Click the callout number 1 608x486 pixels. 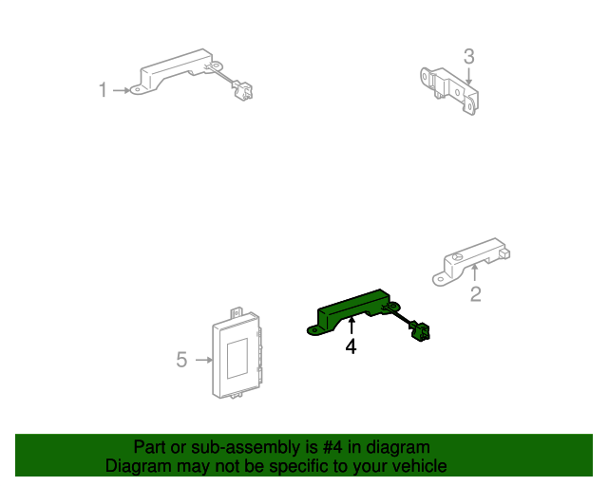tap(103, 90)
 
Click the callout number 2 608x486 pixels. tap(476, 294)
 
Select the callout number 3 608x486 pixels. tap(468, 56)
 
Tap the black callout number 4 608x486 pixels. tap(351, 347)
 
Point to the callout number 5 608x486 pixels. tap(181, 360)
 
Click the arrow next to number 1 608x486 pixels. tap(122, 90)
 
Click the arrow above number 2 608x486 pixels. tap(475, 274)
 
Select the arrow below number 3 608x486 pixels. tap(468, 76)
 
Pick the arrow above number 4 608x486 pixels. tap(351, 328)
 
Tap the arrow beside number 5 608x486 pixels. tap(202, 360)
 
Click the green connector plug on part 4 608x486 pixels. tap(419, 331)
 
